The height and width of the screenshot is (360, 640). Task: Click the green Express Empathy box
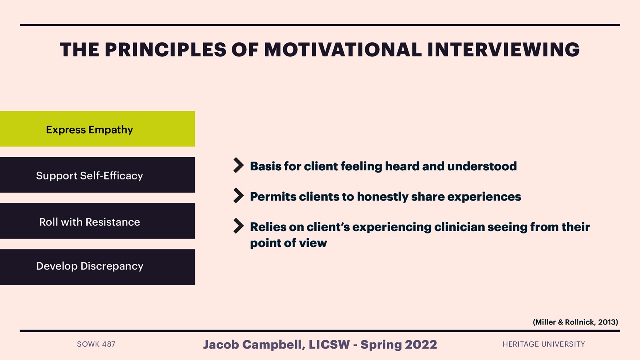(97, 129)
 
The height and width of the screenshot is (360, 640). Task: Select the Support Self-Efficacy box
(97, 175)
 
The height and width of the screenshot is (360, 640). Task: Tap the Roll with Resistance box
(97, 221)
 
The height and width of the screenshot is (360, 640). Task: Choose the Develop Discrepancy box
(97, 267)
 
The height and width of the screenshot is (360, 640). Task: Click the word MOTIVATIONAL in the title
(342, 50)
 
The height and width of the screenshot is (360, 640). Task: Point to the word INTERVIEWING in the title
(503, 50)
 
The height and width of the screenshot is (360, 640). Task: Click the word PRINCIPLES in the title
(166, 50)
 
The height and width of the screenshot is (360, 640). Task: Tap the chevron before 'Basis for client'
(238, 165)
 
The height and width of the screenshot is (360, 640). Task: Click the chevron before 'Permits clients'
(238, 196)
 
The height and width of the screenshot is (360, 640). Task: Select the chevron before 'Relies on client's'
(238, 226)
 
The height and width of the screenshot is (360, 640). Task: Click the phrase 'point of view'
(288, 243)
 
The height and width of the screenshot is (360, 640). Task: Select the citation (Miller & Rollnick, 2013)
(575, 322)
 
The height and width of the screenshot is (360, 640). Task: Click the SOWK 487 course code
(96, 344)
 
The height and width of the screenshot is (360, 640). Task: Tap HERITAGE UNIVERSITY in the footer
(544, 344)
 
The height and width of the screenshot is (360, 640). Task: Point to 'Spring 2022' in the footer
(399, 344)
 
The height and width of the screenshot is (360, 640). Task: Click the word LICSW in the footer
(329, 344)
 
